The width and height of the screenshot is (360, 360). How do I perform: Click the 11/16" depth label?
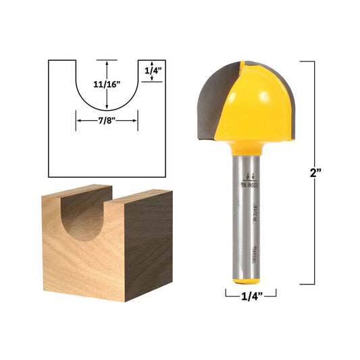pyautogui.click(x=107, y=84)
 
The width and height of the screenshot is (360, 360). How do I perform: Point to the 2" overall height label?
pyautogui.click(x=315, y=173)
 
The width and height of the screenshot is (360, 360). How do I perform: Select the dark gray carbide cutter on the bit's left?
pyautogui.click(x=210, y=101)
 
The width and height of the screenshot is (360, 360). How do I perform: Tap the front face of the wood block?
pyautogui.click(x=81, y=263)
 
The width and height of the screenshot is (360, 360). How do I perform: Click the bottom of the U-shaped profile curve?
pyautogui.click(x=107, y=111)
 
